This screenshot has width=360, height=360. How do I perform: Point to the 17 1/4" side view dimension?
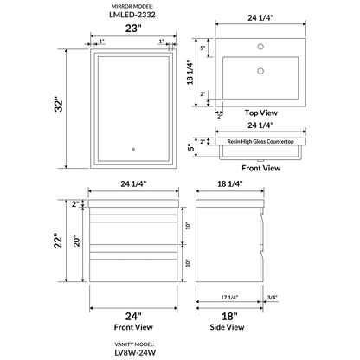click(228, 299)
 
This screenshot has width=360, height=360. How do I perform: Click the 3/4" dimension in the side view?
click(273, 299)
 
